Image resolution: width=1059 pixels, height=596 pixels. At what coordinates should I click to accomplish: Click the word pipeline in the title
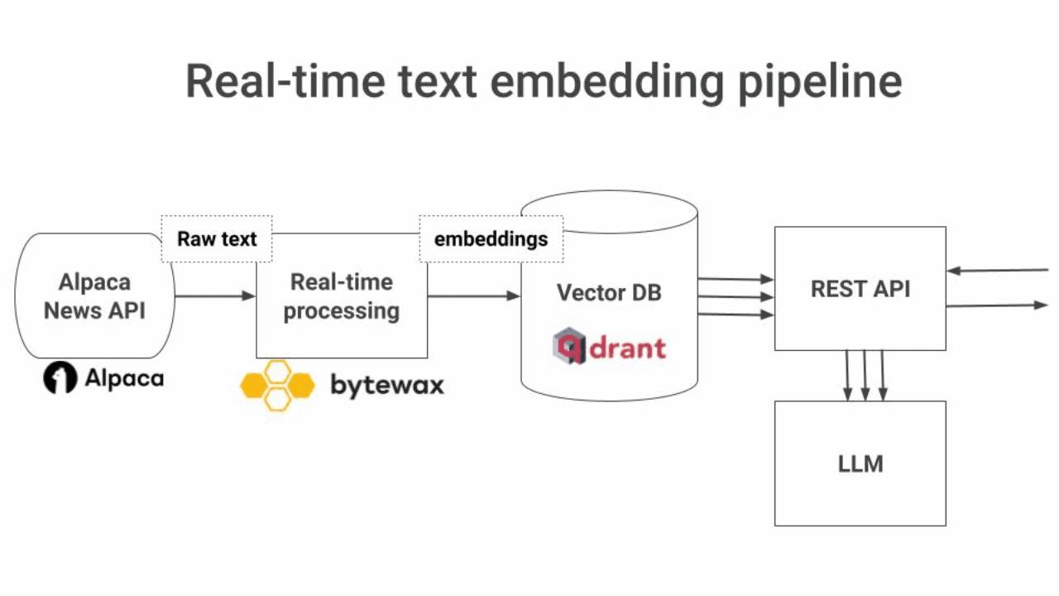coord(819,81)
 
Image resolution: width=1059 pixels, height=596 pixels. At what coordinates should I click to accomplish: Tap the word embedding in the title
coord(610,81)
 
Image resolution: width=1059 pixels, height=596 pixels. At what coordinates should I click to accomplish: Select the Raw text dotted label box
coord(217,239)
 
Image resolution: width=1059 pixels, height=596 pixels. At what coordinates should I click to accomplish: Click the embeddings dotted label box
coord(491,239)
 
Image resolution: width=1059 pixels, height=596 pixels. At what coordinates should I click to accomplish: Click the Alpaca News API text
coord(94,296)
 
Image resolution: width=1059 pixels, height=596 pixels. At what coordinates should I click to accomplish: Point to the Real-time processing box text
coord(341,296)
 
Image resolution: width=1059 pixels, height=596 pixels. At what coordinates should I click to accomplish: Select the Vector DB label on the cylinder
coord(609,292)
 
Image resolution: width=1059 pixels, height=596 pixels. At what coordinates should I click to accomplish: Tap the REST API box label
coord(860,288)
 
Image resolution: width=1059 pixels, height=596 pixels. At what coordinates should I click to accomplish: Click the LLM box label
coord(860,464)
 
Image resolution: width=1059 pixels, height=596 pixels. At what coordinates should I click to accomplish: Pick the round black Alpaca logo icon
coord(60,378)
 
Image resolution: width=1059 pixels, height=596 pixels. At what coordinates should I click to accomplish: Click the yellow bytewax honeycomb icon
coord(277,385)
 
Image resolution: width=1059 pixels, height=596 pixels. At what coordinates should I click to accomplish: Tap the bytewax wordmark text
coord(386,385)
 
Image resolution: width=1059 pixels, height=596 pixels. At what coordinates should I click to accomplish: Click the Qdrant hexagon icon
coord(569,346)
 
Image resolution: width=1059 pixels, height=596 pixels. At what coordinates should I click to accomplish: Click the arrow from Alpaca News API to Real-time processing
coord(215,296)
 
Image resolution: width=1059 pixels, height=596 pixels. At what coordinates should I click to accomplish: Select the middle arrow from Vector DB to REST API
coord(736,296)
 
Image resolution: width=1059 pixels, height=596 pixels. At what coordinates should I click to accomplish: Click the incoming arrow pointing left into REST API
coord(997,270)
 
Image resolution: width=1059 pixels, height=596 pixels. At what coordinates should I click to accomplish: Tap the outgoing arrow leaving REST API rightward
coord(997,305)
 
